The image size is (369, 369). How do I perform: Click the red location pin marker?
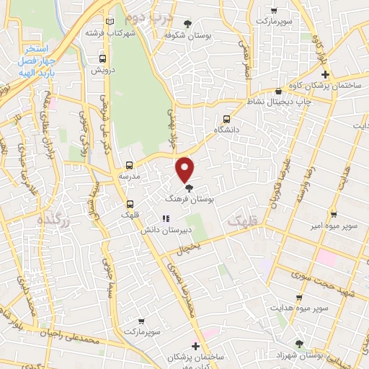185,169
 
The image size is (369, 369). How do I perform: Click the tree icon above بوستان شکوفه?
188,23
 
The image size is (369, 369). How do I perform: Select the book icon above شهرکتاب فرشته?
110,22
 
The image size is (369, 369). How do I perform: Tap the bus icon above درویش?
102,59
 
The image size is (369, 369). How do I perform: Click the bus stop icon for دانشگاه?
227,119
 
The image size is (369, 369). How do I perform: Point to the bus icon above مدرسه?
130,165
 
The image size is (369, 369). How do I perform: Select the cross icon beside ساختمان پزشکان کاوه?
325,74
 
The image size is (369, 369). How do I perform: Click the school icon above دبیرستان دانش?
166,218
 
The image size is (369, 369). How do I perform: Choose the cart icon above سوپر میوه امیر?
333,214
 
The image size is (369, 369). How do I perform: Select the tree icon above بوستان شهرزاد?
299,344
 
